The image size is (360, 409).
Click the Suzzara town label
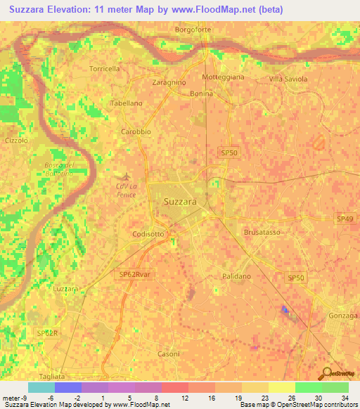[180, 202]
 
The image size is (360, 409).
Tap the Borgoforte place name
[193, 30]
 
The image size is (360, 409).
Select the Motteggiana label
[223, 77]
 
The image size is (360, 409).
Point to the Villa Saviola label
[288, 79]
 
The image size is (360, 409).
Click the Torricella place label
[106, 68]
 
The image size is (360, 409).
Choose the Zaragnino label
[169, 82]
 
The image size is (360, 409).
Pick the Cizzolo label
[15, 141]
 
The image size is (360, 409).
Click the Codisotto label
[148, 235]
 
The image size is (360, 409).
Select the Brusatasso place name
[262, 231]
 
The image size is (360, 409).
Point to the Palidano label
[236, 276]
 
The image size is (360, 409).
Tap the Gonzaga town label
[343, 316]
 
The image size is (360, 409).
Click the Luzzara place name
[65, 289]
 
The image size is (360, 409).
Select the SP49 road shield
[345, 219]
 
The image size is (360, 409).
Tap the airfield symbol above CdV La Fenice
[126, 175]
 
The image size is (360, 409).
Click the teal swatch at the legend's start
[41, 387]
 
